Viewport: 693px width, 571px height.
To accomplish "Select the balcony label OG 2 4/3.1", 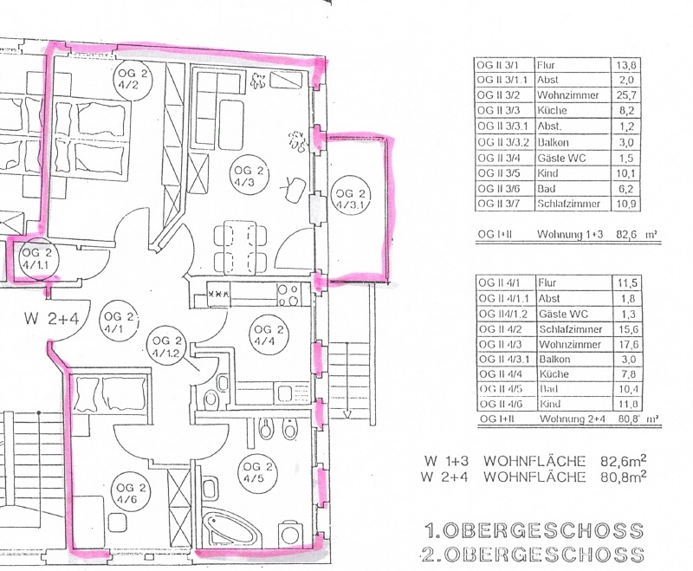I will click(x=351, y=198).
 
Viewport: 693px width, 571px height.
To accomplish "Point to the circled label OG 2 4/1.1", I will click(x=37, y=258).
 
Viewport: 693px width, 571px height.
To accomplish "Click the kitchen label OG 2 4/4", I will click(x=269, y=334).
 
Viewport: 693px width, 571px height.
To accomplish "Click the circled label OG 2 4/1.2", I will click(x=165, y=346).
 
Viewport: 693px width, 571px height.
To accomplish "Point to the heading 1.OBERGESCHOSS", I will click(x=534, y=530).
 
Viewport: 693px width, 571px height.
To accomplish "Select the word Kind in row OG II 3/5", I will click(x=547, y=173).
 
